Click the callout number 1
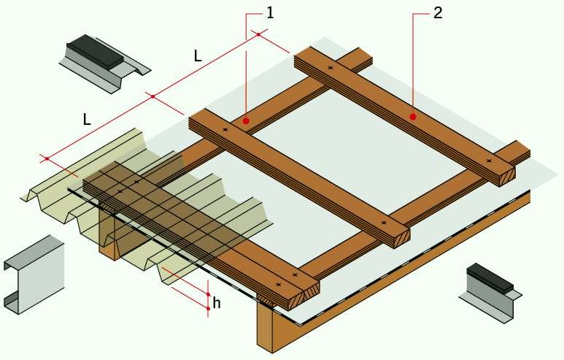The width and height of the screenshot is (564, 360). [x=270, y=13]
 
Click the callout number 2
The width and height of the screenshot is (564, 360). [x=438, y=13]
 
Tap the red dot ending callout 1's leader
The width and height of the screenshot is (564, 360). [x=246, y=121]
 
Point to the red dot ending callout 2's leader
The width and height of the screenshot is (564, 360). [x=413, y=117]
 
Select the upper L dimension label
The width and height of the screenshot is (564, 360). [x=198, y=55]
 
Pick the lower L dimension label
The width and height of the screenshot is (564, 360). [x=87, y=119]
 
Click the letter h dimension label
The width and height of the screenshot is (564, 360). [x=216, y=303]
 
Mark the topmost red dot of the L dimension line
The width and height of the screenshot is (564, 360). [x=258, y=34]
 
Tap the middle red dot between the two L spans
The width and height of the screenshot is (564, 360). [x=153, y=96]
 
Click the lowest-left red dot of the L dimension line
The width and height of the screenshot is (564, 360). [x=47, y=158]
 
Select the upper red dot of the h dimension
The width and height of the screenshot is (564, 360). [x=208, y=294]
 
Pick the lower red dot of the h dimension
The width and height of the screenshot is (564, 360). [x=208, y=309]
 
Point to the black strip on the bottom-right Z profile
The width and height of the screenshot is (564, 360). [x=490, y=277]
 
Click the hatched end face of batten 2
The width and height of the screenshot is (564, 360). [x=506, y=177]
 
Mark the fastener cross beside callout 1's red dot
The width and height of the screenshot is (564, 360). [x=225, y=129]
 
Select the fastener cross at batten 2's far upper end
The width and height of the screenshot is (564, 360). [x=331, y=68]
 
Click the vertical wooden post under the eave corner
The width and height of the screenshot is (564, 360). [x=266, y=328]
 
